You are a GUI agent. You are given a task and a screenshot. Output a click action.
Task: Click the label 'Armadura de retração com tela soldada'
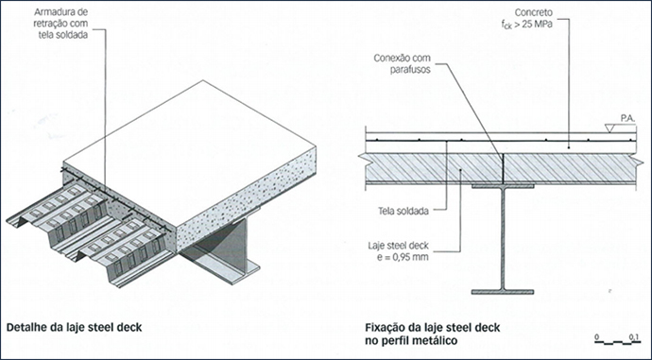60,24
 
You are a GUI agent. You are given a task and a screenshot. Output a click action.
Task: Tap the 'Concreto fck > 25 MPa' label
527,18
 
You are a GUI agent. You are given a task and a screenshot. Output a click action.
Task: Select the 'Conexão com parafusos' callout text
403,63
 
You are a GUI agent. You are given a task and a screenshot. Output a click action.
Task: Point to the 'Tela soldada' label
403,211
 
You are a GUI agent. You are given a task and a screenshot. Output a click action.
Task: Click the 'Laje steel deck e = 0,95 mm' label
398,251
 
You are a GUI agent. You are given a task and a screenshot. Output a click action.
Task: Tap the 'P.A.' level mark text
627,119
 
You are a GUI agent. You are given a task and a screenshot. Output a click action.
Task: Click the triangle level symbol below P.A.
610,129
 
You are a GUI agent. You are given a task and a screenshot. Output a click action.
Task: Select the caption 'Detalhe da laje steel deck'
74,328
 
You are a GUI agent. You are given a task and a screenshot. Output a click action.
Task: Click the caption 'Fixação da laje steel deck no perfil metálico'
433,334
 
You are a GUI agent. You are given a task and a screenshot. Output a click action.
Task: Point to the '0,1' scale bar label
634,336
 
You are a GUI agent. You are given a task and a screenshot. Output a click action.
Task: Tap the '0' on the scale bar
596,336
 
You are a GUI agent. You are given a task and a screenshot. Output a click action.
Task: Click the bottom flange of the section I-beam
503,292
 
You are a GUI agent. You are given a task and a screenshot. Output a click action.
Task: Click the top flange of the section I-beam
503,186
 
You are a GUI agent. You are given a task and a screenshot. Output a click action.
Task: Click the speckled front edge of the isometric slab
247,198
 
